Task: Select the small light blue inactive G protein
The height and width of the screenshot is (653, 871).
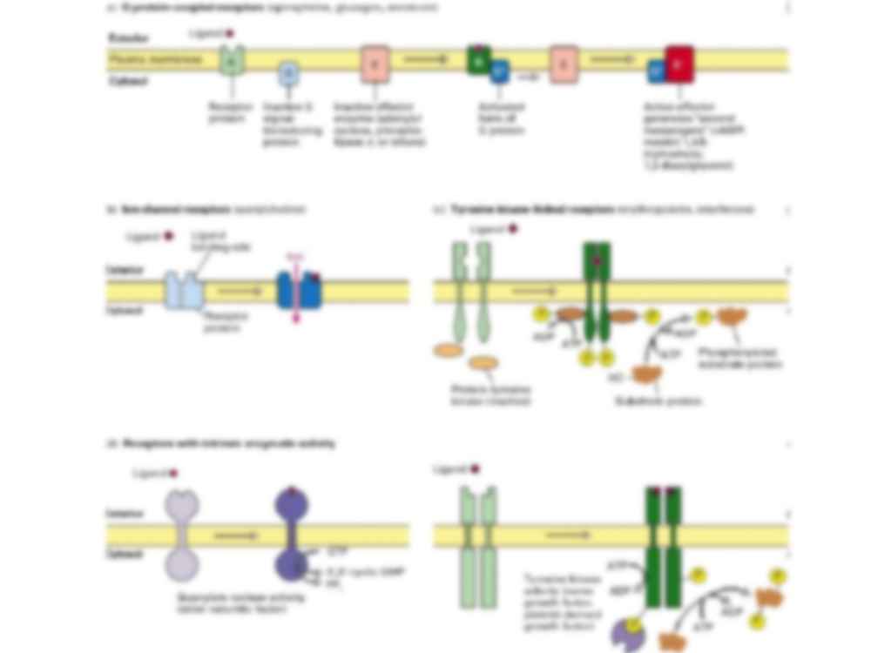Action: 288,75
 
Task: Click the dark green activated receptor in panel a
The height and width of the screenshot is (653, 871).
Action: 478,60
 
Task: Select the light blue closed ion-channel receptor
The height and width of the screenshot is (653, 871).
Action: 185,290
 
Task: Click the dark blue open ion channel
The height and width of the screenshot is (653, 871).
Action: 299,290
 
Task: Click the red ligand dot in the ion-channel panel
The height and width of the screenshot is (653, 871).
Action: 169,235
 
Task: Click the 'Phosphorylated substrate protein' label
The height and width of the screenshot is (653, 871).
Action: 739,358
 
